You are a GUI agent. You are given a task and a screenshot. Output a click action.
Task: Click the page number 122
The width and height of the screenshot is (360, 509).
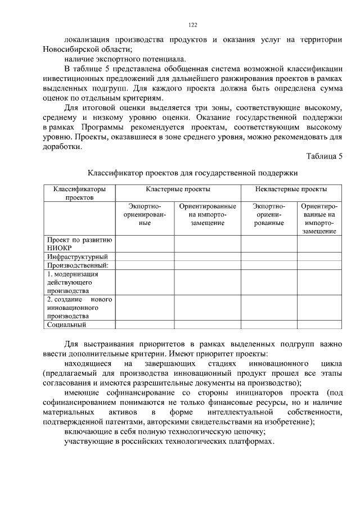click(192, 25)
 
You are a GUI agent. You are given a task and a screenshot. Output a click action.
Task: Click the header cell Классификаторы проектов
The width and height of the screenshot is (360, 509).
click(79, 193)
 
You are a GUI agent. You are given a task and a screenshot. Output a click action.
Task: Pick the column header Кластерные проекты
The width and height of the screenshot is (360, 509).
click(178, 190)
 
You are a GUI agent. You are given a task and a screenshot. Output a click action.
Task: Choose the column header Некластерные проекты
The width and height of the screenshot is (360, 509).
click(291, 190)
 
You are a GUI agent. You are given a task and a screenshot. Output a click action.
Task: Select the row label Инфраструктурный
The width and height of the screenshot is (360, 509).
click(77, 257)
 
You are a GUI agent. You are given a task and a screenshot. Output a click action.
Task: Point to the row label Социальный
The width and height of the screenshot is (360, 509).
click(66, 324)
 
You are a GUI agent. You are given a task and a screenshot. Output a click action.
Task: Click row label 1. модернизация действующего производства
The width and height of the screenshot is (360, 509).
click(73, 282)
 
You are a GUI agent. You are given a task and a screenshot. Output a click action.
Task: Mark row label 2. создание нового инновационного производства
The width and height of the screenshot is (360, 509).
click(79, 308)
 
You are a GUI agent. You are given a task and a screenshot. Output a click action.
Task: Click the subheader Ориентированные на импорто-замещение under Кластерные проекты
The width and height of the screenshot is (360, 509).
click(207, 215)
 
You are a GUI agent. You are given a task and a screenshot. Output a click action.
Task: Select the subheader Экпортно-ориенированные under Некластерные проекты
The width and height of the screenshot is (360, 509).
click(269, 215)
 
